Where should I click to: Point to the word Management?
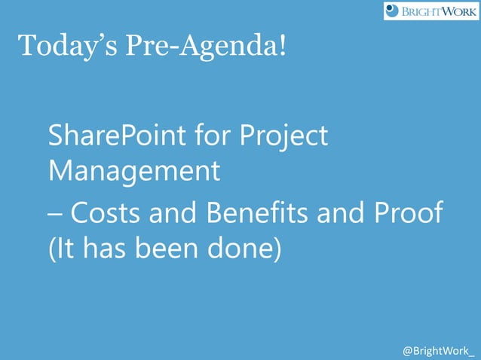click(134, 171)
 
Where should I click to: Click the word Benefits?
click(256, 214)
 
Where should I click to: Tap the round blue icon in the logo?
click(392, 11)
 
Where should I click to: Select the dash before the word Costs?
click(55, 215)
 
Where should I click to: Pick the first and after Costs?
click(176, 214)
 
